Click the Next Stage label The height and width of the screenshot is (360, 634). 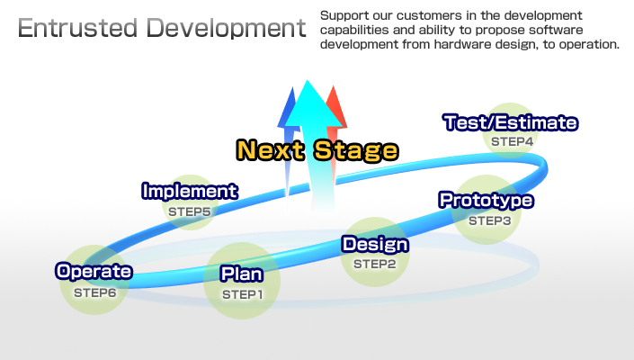pos(317,149)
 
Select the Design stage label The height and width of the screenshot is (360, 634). pos(375,244)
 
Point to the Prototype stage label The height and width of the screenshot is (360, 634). pos(486,200)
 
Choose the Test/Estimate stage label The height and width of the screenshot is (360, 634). pos(511,122)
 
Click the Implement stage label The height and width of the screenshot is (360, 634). pos(190,191)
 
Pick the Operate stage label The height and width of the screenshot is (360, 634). pos(94,271)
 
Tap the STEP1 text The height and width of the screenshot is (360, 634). pos(243,294)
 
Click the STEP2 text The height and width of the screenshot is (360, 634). pos(374,264)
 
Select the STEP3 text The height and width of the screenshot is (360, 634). pos(489,220)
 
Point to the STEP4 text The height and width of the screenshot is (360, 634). pos(513,141)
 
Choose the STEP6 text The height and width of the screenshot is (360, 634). pos(95,292)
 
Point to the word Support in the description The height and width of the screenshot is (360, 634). pos(343,16)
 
